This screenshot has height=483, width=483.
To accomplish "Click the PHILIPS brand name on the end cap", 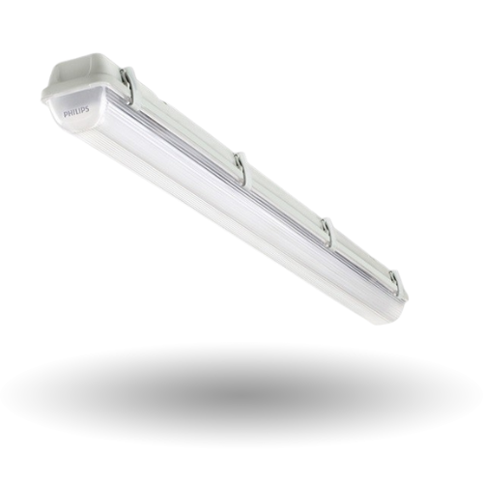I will pyautogui.click(x=77, y=115).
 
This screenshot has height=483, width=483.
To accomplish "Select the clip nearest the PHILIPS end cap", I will pyautogui.click(x=128, y=84).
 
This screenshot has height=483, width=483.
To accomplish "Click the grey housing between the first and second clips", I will pyautogui.click(x=184, y=121).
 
